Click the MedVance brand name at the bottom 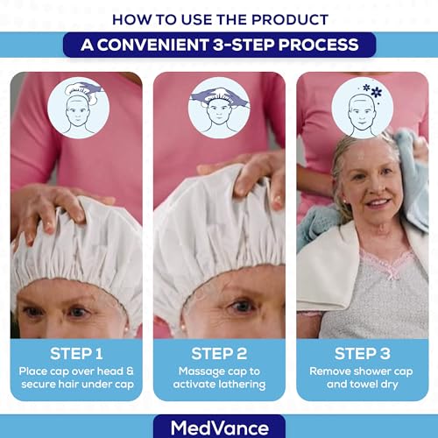coord(219,427)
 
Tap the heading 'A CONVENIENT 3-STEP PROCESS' coord(219,45)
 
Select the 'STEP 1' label coord(76,354)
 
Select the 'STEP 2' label coord(219,354)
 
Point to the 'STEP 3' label coord(362,354)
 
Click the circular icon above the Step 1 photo coord(76,108)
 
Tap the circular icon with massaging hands coord(219,108)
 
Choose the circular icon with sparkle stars coord(362,108)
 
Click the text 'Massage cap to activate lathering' coord(219,378)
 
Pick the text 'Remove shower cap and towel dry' coord(362,378)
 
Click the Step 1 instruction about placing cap coord(76,378)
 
